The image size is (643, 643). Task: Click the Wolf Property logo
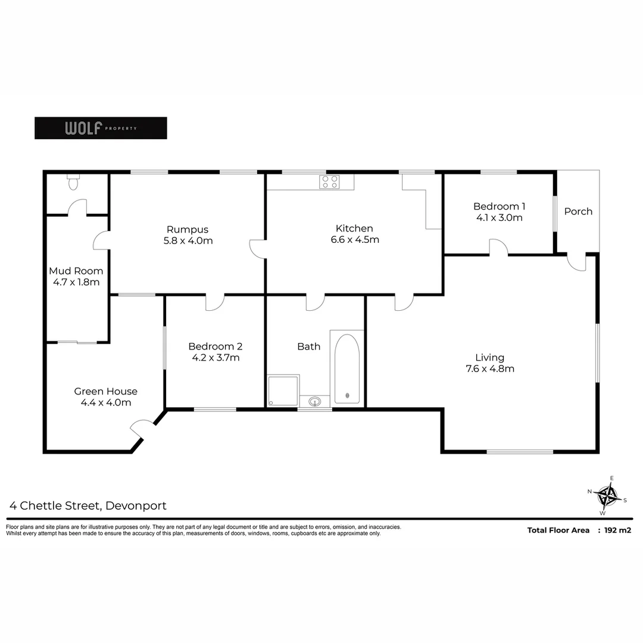coord(101,128)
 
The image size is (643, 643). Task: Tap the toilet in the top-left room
coord(73,182)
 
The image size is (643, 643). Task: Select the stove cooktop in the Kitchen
coord(329,182)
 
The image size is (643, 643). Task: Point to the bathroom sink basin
coord(315,401)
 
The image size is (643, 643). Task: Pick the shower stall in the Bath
coord(283,391)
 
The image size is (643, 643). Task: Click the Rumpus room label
coord(188,229)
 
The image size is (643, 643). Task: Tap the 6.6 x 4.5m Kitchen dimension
coord(355,240)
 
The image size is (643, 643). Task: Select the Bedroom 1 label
coord(499,207)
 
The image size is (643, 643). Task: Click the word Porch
coord(578,211)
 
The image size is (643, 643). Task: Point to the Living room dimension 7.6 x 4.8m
coord(490,369)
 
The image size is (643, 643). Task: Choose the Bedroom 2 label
coord(215,347)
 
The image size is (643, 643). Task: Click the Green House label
coord(105,391)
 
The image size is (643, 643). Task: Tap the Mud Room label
coord(76,271)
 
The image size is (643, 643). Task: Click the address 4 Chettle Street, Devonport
coord(88,506)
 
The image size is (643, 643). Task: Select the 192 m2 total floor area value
coord(617,530)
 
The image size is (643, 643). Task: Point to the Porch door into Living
coord(576,263)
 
